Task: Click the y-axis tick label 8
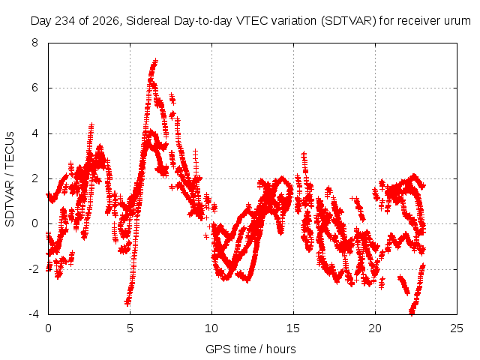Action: pyautogui.click(x=34, y=43)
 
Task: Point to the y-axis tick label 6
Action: pyautogui.click(x=34, y=88)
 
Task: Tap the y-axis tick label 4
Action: pyautogui.click(x=34, y=133)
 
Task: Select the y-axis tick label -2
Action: pyautogui.click(x=33, y=269)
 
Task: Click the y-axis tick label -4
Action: pyautogui.click(x=33, y=314)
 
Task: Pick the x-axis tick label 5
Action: pyautogui.click(x=130, y=328)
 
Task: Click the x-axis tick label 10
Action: pyautogui.click(x=211, y=328)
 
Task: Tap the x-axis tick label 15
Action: pyautogui.click(x=293, y=328)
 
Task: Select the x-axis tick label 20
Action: pyautogui.click(x=375, y=328)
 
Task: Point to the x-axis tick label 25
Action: pyautogui.click(x=457, y=328)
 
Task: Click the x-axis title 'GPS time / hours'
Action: pyautogui.click(x=250, y=349)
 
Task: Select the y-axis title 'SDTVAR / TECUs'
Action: pyautogui.click(x=10, y=179)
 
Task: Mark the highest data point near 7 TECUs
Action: pyautogui.click(x=155, y=61)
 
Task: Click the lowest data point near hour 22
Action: pyautogui.click(x=412, y=312)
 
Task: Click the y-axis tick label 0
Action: pyautogui.click(x=34, y=223)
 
